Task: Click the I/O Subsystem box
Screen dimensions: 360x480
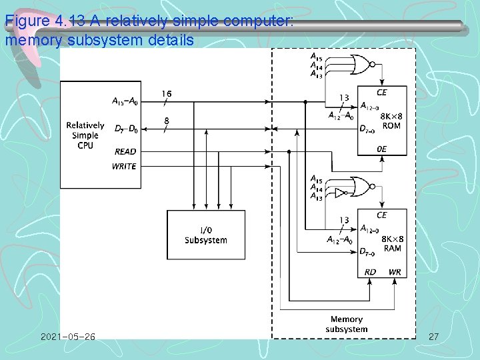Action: tap(205, 235)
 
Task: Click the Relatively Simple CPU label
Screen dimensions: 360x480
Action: tap(85, 135)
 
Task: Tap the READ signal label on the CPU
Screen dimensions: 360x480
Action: tap(125, 152)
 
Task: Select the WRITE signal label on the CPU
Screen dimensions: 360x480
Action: tap(124, 166)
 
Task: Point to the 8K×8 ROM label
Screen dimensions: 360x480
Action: tap(392, 121)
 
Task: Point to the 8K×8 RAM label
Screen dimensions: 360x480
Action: tap(392, 243)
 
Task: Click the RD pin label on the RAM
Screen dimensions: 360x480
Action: tap(371, 272)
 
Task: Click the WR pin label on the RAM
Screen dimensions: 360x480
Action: tap(395, 272)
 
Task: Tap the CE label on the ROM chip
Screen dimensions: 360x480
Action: tap(381, 92)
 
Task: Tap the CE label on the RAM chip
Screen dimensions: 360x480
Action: tap(381, 215)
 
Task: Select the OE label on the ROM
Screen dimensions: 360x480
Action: tap(381, 150)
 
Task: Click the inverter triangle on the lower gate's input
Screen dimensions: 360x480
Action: tap(339, 193)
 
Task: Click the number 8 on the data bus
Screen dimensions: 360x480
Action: tap(166, 121)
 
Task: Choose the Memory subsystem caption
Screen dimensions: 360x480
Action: tap(346, 324)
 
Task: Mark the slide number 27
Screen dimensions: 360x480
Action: tap(433, 337)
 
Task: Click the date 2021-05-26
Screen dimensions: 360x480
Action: tap(67, 337)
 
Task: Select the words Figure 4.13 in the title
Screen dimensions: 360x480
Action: tap(37, 21)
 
